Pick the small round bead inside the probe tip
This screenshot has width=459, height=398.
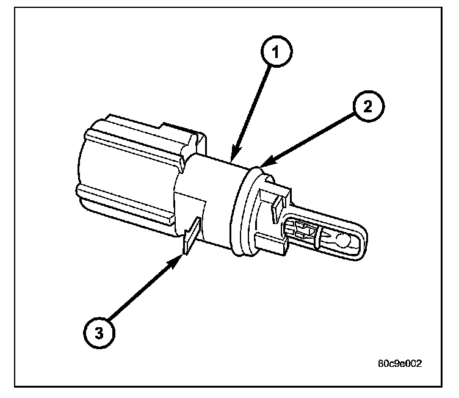point(344,241)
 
